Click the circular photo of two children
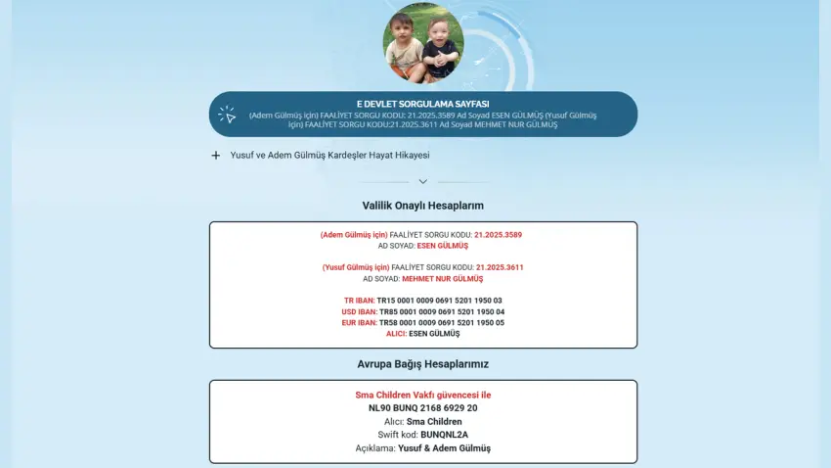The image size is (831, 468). click(x=422, y=44)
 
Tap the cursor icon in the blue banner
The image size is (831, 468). click(x=228, y=115)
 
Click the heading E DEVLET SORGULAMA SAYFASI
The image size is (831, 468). click(x=422, y=104)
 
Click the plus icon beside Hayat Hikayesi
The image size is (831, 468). click(x=215, y=155)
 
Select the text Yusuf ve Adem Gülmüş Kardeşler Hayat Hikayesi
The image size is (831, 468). click(x=329, y=155)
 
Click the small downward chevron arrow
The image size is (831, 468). click(x=422, y=181)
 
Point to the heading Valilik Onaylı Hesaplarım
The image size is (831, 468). click(x=422, y=206)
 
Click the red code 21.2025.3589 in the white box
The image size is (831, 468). click(x=498, y=235)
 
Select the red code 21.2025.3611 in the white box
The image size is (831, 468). click(x=500, y=267)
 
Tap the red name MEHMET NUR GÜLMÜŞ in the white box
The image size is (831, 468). click(x=442, y=279)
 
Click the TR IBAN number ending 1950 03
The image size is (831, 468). click(x=440, y=301)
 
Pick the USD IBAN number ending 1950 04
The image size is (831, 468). click(x=442, y=311)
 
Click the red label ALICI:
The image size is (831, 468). click(x=396, y=334)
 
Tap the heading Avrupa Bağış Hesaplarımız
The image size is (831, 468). click(x=422, y=364)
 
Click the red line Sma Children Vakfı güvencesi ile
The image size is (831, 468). click(x=422, y=396)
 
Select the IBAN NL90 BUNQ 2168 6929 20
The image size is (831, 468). click(x=422, y=408)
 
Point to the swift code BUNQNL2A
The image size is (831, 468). click(x=445, y=435)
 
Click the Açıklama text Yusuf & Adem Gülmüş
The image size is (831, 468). click(x=444, y=448)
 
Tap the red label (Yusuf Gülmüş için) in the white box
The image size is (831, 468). click(x=355, y=267)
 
